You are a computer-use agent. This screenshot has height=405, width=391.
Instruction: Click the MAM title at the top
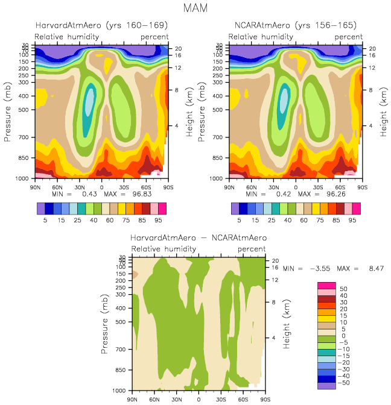195,8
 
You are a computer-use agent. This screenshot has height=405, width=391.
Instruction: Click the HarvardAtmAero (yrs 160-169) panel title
101,25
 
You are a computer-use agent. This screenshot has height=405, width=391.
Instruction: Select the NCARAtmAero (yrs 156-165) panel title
295,25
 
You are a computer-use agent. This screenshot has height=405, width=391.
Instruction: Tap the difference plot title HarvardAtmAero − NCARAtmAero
199,238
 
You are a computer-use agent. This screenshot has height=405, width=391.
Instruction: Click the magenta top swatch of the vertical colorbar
326,285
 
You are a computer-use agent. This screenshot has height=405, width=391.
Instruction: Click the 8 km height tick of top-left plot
177,90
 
